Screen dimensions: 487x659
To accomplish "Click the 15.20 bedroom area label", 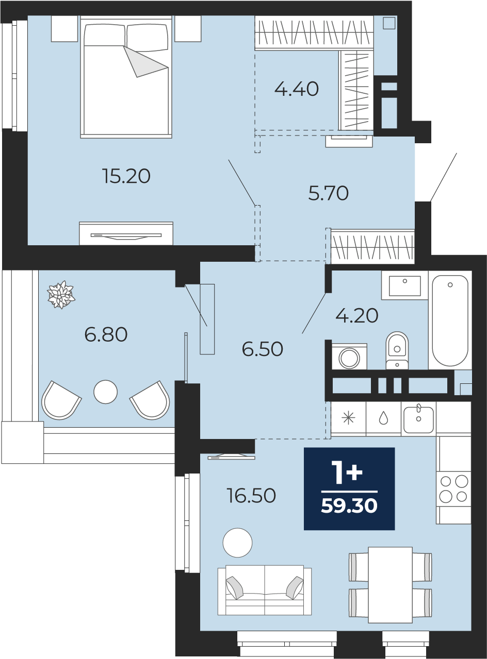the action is (x=126, y=176).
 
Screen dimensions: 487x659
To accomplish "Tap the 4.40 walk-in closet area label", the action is (x=296, y=89).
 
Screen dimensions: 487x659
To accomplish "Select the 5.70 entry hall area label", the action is (x=329, y=193).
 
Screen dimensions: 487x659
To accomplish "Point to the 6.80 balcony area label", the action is (x=106, y=334).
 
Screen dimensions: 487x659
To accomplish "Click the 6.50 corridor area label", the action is (x=263, y=349).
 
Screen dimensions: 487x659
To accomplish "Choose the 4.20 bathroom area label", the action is (x=356, y=315).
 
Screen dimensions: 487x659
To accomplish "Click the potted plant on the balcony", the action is (x=61, y=295).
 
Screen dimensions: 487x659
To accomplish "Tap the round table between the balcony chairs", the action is (x=106, y=392).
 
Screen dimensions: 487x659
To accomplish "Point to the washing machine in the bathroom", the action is (x=349, y=357).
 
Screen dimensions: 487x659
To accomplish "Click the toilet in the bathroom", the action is (x=397, y=350).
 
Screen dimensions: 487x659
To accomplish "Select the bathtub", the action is (x=450, y=320).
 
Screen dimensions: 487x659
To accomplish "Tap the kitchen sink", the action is (x=418, y=419).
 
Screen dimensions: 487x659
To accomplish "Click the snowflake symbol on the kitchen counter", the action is (x=348, y=418).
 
